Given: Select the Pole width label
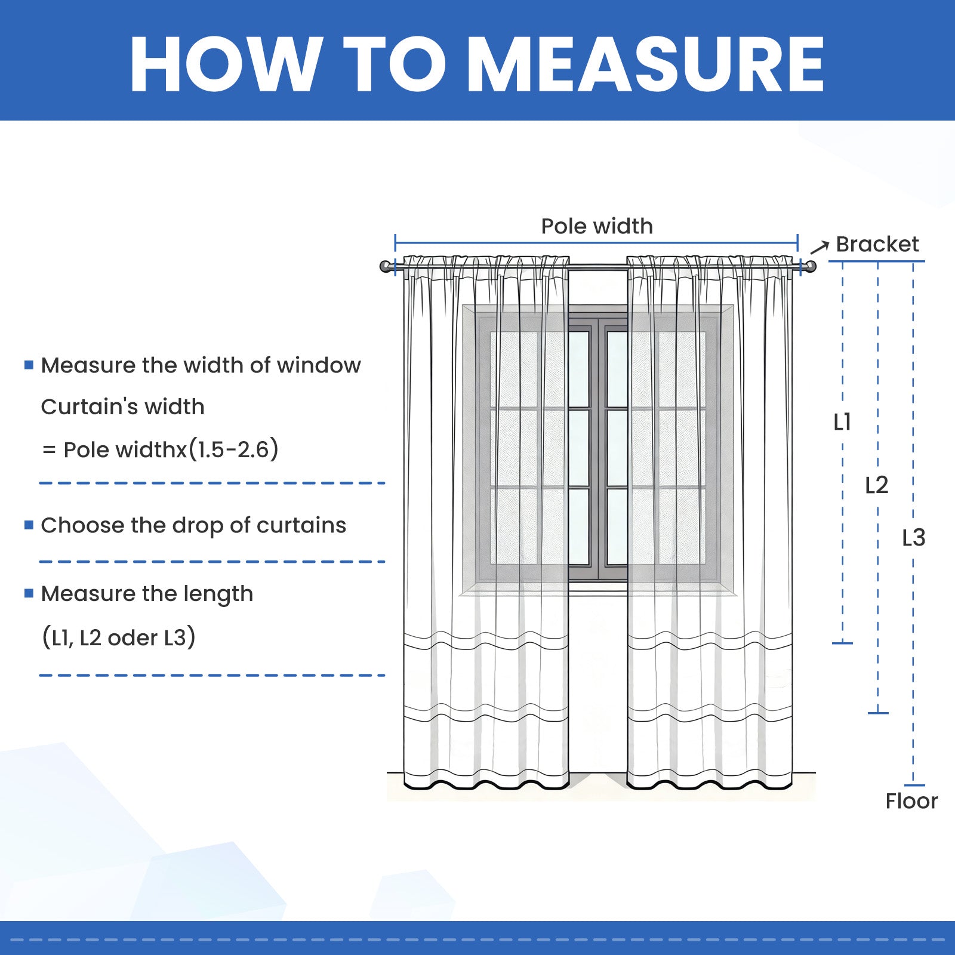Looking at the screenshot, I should (597, 226).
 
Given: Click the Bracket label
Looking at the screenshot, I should (877, 244).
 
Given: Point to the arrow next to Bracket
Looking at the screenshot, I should (820, 247).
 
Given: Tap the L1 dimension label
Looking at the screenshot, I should (842, 423).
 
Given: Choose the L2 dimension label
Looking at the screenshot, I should (877, 485).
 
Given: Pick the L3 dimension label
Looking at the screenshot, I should (913, 538).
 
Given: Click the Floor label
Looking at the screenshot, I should (911, 801).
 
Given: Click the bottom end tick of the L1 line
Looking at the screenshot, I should (842, 643).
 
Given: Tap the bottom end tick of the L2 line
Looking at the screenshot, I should (878, 713).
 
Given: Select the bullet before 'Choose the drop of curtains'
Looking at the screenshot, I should (29, 525).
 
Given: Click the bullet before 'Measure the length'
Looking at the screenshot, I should (29, 593).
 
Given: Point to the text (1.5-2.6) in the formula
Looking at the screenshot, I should (233, 449).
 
